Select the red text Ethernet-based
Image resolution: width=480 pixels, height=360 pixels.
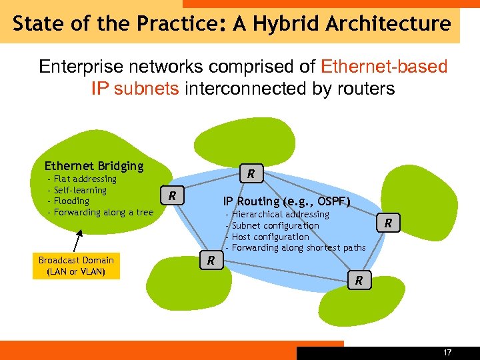click(x=384, y=67)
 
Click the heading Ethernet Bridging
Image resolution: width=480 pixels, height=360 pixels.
click(x=93, y=166)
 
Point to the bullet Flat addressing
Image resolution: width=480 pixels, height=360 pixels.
click(x=85, y=179)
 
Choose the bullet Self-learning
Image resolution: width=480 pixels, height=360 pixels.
click(x=80, y=190)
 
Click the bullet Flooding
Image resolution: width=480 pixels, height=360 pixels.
click(x=71, y=201)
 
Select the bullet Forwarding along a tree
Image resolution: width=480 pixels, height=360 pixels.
click(x=103, y=212)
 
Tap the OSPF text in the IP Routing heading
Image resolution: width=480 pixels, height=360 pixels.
click(x=330, y=201)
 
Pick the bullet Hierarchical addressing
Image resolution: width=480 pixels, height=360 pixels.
click(x=280, y=214)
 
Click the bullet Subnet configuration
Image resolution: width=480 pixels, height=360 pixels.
click(x=275, y=225)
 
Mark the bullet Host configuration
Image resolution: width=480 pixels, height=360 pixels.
click(x=270, y=237)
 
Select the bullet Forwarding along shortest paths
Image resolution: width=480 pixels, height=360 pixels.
click(x=298, y=248)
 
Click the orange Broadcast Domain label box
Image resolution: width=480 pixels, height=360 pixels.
click(x=76, y=266)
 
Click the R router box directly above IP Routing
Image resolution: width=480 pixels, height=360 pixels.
click(x=251, y=174)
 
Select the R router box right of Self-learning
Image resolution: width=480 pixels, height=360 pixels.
click(x=172, y=196)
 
